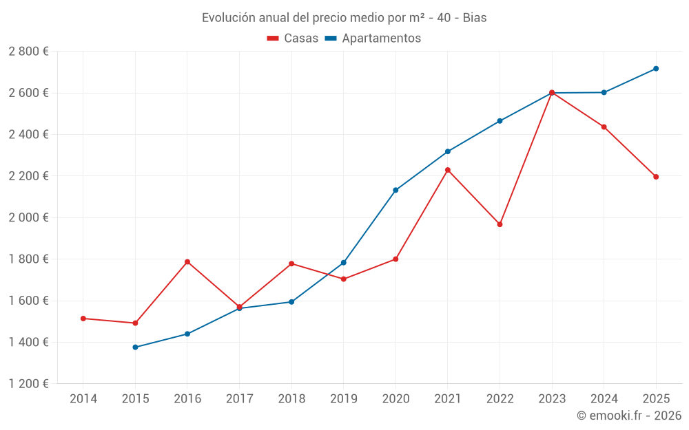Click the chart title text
click(x=344, y=18)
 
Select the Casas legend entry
click(x=293, y=39)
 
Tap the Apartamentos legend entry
click(x=373, y=39)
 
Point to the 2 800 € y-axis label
click(x=28, y=52)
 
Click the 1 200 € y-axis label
click(x=28, y=384)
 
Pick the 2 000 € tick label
click(x=28, y=217)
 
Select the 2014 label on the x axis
click(x=83, y=399)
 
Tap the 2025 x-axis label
click(x=656, y=399)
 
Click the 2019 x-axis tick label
click(x=344, y=399)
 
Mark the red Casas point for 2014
click(x=83, y=319)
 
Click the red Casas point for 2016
click(x=187, y=261)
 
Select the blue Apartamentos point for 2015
click(x=135, y=347)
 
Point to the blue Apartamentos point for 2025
click(x=656, y=69)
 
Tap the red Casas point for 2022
click(x=500, y=224)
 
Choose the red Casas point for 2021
click(x=448, y=170)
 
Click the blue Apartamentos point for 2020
click(x=395, y=190)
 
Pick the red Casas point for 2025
click(x=656, y=177)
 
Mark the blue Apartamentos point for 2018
click(x=291, y=302)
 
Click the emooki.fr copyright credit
click(x=629, y=416)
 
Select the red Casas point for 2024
click(x=604, y=127)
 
